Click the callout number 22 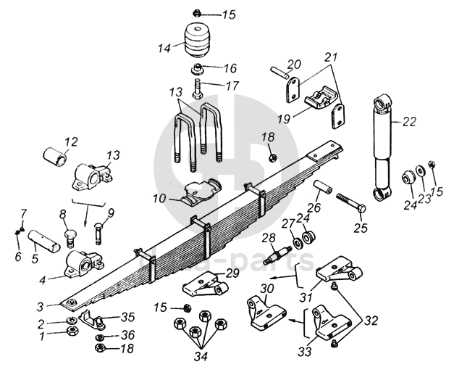410,122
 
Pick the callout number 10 159,197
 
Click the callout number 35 127,316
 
